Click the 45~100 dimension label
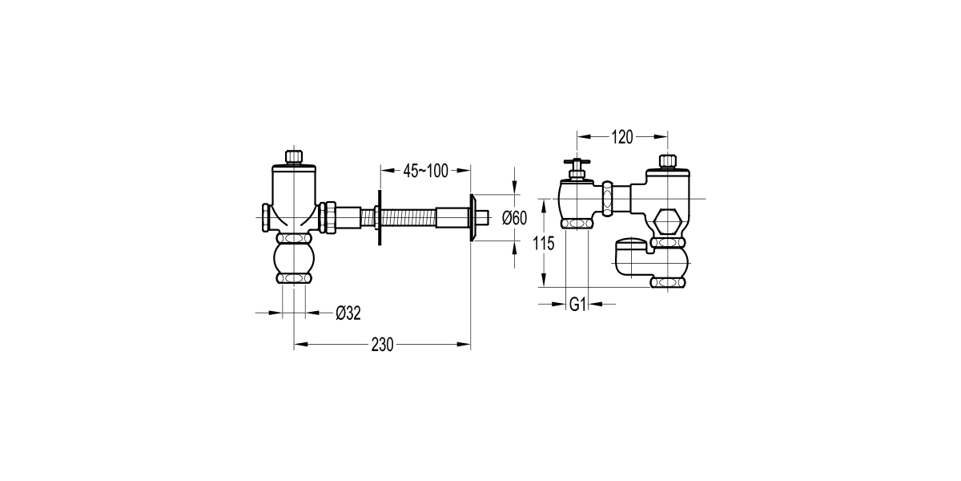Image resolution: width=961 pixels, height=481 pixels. (x=425, y=170)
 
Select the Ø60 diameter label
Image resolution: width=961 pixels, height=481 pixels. (x=513, y=216)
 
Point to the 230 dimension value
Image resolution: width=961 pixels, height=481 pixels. (x=383, y=345)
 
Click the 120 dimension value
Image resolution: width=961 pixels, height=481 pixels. (x=621, y=136)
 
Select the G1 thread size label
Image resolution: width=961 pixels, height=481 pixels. (x=578, y=304)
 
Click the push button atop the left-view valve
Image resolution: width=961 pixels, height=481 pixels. (x=295, y=156)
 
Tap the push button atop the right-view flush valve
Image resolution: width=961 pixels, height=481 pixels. (x=667, y=161)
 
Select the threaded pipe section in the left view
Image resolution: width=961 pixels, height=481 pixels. (x=407, y=217)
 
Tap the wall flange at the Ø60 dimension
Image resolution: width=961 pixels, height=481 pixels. (x=475, y=217)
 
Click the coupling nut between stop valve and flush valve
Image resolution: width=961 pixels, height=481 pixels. (x=609, y=198)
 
